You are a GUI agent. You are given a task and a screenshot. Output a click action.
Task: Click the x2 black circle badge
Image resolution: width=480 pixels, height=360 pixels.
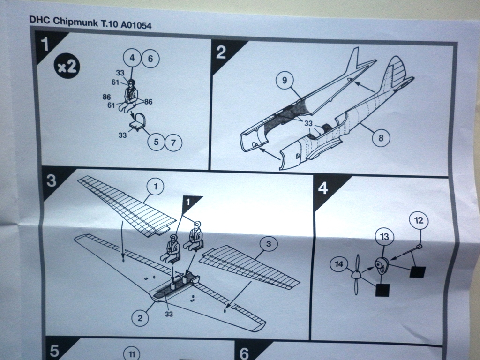[67, 67]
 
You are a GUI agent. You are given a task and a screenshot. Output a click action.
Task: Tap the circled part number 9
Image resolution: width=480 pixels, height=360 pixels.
[284, 80]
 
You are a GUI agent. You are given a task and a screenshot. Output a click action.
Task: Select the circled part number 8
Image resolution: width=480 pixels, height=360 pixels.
[381, 138]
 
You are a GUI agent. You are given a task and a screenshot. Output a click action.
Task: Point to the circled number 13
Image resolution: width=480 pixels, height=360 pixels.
[384, 237]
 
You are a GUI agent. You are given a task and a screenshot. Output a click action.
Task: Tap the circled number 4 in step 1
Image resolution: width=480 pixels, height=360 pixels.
[133, 58]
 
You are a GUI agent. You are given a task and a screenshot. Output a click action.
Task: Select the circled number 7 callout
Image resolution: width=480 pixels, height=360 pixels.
[173, 142]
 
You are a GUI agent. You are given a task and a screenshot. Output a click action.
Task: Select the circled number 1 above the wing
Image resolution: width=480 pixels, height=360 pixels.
[156, 187]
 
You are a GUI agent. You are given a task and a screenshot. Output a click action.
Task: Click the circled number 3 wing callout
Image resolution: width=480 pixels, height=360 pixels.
[269, 244]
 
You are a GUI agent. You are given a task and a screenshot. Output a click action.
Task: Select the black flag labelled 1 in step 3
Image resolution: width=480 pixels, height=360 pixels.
[189, 202]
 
